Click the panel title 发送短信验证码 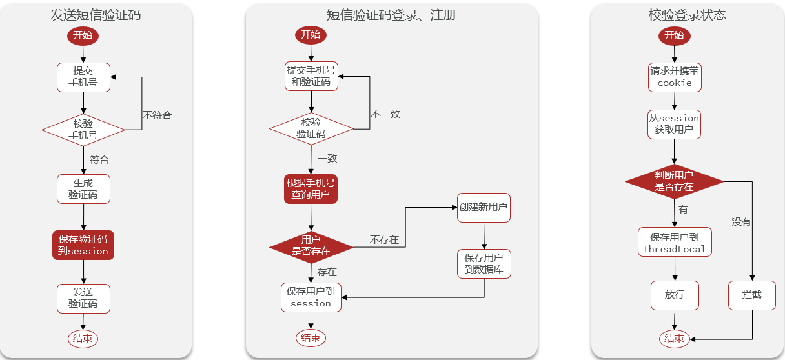pos(96,15)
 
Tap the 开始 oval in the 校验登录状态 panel pos(674,35)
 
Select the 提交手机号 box pos(83,77)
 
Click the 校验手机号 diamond pos(83,130)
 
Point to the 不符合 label pos(157,115)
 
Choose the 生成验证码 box pos(83,188)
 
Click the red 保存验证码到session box pos(83,245)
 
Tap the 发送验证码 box pos(83,298)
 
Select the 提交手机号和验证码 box pos(311,76)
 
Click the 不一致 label pos(385,114)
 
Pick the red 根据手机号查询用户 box pos(311,188)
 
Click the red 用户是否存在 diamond pos(311,246)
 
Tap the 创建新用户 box pos(484,208)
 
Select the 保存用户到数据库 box pos(484,264)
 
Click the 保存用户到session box pos(311,297)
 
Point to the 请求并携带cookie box pos(674,77)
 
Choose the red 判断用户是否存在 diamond pos(674,181)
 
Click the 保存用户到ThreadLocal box pos(674,243)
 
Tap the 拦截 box pos(751,295)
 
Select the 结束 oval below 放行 pos(674,338)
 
